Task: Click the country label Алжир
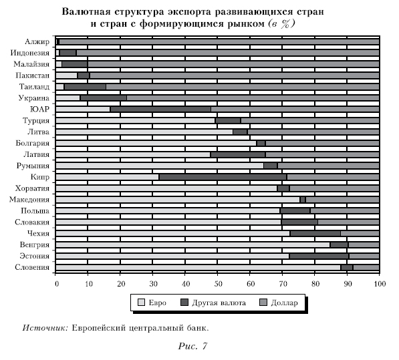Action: pyautogui.click(x=37, y=41)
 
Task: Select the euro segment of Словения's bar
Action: pyautogui.click(x=198, y=267)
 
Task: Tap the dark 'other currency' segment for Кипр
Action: pyautogui.click(x=223, y=177)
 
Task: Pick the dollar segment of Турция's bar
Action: pyautogui.click(x=310, y=120)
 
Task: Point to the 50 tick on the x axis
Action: pyautogui.click(x=218, y=274)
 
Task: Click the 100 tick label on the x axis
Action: pyautogui.click(x=380, y=284)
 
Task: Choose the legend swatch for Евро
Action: pyautogui.click(x=141, y=303)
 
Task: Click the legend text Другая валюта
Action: pyautogui.click(x=219, y=303)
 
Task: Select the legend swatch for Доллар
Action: pyautogui.click(x=263, y=303)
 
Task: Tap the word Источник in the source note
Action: pyautogui.click(x=45, y=328)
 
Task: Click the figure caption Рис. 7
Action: pyautogui.click(x=192, y=346)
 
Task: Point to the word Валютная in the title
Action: pyautogui.click(x=86, y=12)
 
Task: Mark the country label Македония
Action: pyautogui.click(x=29, y=200)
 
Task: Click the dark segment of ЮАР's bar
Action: pyautogui.click(x=160, y=110)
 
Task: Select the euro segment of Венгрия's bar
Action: pyautogui.click(x=193, y=245)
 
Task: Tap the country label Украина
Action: pyautogui.click(x=34, y=98)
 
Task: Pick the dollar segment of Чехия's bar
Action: pyautogui.click(x=360, y=234)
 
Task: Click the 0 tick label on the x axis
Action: pyautogui.click(x=57, y=284)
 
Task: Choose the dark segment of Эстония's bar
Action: pyautogui.click(x=319, y=256)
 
